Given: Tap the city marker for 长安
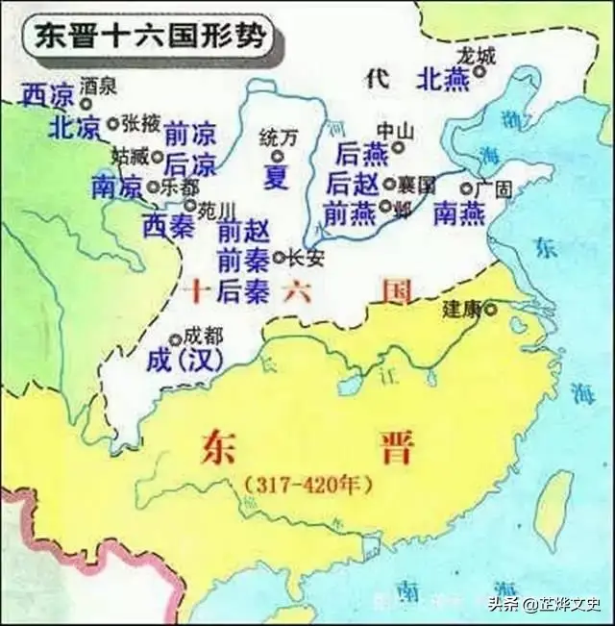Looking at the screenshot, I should point(280,258).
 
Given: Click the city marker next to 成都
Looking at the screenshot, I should point(175,339).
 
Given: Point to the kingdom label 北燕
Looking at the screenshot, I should point(444,81).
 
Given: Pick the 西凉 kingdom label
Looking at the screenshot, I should point(47,95).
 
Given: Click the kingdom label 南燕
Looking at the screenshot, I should point(459,213).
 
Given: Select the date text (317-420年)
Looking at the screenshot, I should point(307,486).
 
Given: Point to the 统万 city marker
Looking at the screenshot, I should point(278,156).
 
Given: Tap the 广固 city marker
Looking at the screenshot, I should point(466,189).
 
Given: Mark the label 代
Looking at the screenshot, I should point(376,81).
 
